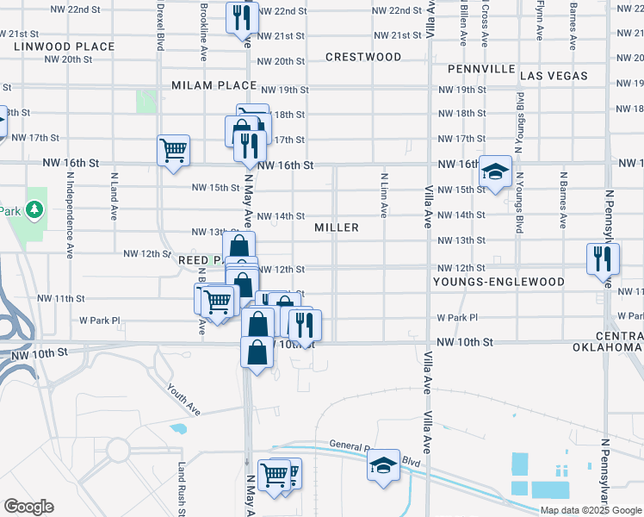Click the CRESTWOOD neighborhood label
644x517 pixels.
pyautogui.click(x=363, y=57)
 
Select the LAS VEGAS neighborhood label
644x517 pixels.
pyautogui.click(x=554, y=76)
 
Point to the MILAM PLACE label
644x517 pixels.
pyautogui.click(x=214, y=85)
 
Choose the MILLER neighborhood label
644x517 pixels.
pyautogui.click(x=337, y=227)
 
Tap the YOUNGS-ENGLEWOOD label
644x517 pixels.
pyautogui.click(x=498, y=282)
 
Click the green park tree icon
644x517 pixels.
pyautogui.click(x=34, y=209)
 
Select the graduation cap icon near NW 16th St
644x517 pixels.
pyautogui.click(x=496, y=170)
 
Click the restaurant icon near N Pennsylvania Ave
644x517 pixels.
pyautogui.click(x=602, y=258)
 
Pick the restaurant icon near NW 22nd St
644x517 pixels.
pyautogui.click(x=241, y=16)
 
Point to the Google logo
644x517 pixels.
pyautogui.click(x=28, y=507)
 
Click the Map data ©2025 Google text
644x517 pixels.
pyautogui.click(x=591, y=510)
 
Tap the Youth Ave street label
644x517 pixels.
pyautogui.click(x=183, y=399)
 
